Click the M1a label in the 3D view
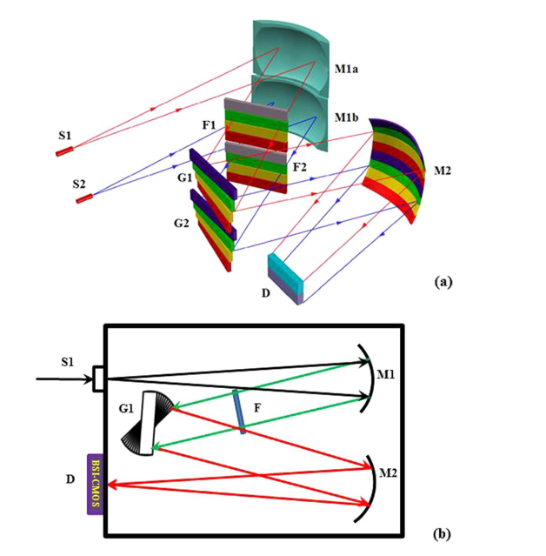[346, 69]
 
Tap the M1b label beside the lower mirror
[346, 117]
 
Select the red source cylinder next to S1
[64, 151]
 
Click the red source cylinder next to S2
[84, 198]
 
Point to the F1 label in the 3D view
[209, 125]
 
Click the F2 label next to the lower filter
[299, 167]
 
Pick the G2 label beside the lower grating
[182, 223]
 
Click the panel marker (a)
[443, 282]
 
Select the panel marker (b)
[443, 533]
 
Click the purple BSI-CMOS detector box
[96, 485]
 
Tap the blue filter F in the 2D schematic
[239, 412]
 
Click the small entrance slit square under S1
[98, 379]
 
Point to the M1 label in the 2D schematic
[385, 374]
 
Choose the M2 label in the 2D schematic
[388, 472]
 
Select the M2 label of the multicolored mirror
[443, 171]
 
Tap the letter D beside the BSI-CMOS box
[70, 479]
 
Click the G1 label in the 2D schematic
[126, 409]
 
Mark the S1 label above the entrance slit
[67, 362]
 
